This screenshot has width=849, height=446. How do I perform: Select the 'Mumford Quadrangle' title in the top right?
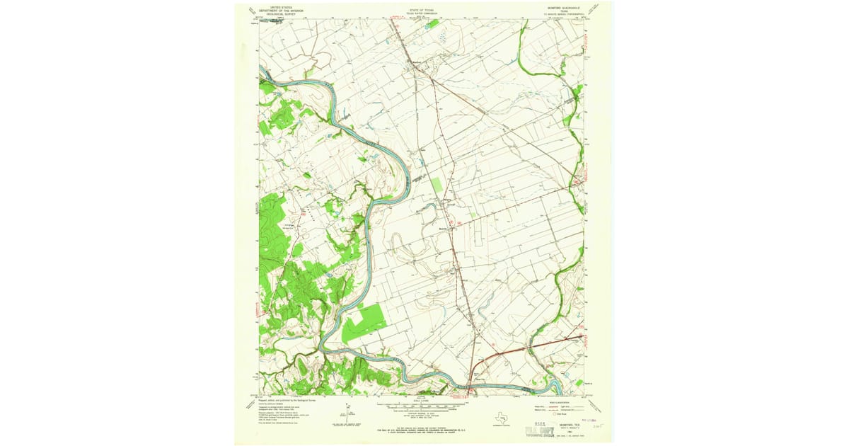pos(563,8)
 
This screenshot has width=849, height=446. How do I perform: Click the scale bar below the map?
pos(422,407)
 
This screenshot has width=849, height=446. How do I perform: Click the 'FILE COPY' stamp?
pos(538,429)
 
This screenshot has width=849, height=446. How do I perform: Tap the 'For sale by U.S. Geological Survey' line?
pos(422,430)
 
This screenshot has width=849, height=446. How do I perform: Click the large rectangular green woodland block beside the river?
pos(364,322)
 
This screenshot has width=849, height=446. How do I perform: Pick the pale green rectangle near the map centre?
pos(437,185)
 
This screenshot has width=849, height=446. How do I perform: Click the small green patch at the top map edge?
pos(432,23)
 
